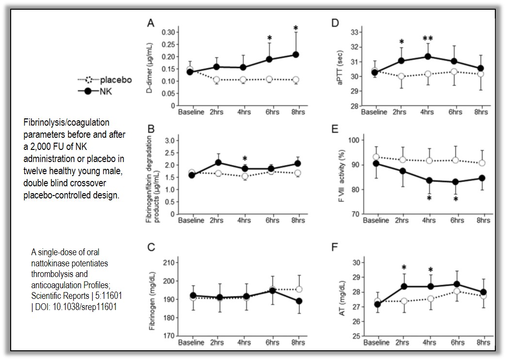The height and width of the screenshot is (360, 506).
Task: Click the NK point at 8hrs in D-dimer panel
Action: [295, 55]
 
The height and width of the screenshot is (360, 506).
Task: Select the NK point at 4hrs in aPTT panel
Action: [428, 56]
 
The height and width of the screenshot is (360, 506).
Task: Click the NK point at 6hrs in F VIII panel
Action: [456, 182]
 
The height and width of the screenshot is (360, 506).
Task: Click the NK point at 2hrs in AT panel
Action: [401, 286]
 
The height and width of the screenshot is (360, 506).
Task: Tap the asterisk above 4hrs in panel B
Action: [245, 158]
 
